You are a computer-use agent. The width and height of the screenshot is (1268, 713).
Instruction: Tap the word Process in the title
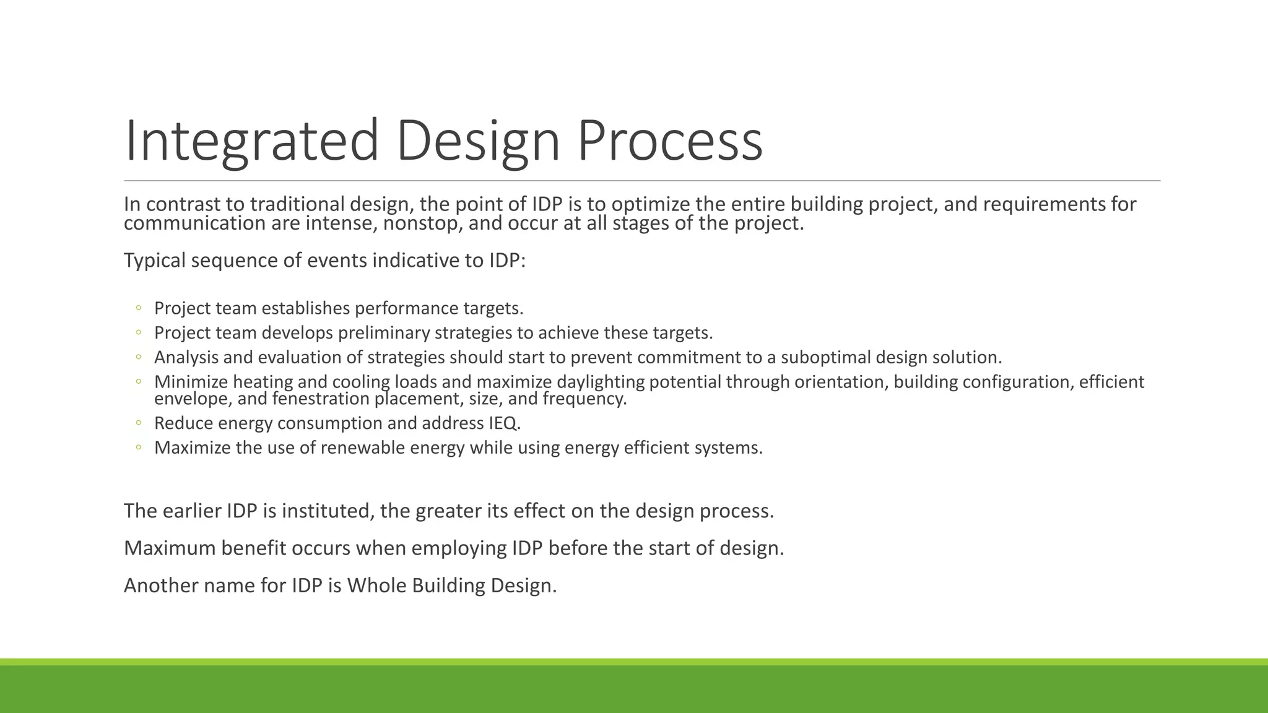point(670,141)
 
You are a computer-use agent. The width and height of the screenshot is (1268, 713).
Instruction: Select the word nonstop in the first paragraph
point(422,223)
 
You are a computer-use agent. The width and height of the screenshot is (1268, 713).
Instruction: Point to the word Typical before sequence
point(155,261)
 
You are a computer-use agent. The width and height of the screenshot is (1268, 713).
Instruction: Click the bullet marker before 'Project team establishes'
point(139,308)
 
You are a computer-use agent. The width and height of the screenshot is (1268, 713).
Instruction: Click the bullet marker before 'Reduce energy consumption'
point(139,423)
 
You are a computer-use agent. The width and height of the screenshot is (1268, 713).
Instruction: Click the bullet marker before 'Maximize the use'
point(139,447)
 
